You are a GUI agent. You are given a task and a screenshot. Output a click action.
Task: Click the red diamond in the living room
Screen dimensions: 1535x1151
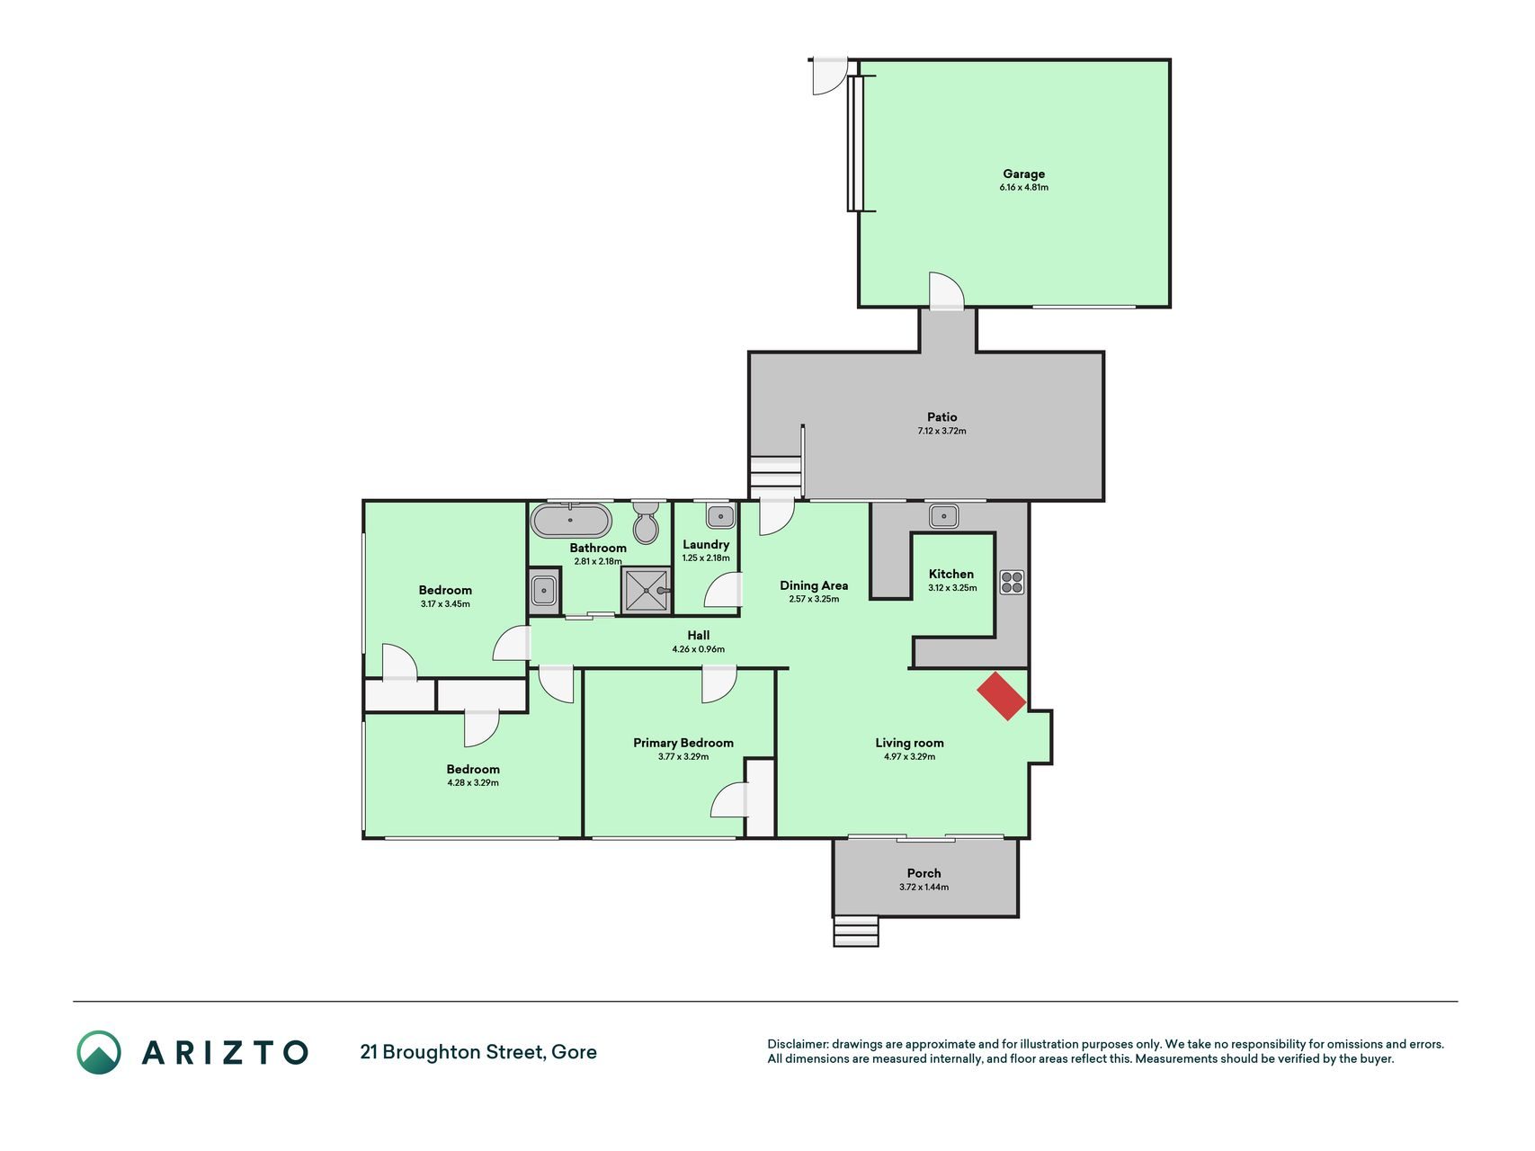(x=1002, y=696)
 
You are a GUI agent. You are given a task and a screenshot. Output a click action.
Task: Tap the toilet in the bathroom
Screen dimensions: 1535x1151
(x=646, y=522)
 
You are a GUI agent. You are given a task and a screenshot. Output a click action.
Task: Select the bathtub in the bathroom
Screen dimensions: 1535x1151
(x=571, y=521)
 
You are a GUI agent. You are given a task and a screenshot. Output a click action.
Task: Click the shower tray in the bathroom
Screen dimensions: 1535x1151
(x=646, y=590)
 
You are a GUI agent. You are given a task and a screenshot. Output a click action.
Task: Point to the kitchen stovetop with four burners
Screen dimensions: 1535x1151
(x=1012, y=582)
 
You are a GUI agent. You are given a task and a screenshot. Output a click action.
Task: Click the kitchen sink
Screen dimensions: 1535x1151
(x=943, y=515)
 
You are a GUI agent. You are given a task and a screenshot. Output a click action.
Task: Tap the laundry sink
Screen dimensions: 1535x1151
(x=719, y=515)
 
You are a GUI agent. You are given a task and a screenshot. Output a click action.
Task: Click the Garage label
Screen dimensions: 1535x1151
(x=1024, y=174)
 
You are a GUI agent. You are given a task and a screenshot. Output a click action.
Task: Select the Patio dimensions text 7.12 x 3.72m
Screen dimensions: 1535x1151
(x=942, y=431)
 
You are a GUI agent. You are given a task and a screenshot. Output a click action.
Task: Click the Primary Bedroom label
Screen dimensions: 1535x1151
(x=683, y=743)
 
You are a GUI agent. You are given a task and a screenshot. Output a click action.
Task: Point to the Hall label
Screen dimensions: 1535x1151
(x=699, y=635)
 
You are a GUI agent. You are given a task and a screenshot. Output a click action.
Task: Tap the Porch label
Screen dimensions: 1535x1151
(x=924, y=873)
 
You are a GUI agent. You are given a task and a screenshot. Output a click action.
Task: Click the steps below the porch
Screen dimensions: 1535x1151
(x=856, y=931)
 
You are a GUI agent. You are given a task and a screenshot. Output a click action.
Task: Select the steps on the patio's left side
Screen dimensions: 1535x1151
(x=775, y=473)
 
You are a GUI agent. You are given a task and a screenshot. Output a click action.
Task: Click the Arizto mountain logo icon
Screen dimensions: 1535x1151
(x=99, y=1052)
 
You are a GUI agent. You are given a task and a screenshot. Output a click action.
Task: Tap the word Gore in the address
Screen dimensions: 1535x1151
(x=574, y=1052)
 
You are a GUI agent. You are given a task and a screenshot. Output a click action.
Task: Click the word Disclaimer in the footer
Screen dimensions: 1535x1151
(x=797, y=1044)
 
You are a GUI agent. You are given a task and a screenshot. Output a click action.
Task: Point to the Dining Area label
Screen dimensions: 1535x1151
(x=814, y=585)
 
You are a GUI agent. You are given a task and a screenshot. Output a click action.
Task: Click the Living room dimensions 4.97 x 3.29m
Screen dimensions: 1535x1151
(x=910, y=757)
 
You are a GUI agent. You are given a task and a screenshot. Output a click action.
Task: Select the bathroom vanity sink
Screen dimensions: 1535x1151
(x=544, y=591)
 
